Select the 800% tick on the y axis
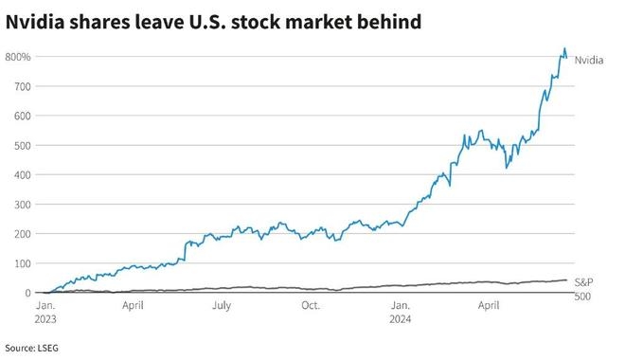pos(18,57)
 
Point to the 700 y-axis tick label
pos(22,86)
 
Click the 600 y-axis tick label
pos(22,116)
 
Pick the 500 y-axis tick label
pos(22,145)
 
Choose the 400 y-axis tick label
pos(22,174)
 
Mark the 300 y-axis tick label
pos(22,204)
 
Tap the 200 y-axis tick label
pos(22,233)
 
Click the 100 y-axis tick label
pos(22,262)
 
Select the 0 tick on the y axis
pos(27,292)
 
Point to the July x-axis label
pos(221,306)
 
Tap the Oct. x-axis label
pos(311,306)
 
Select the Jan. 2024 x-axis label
pos(402,313)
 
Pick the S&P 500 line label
pos(586,289)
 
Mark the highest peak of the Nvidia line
pos(564,49)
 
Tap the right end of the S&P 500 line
pos(567,279)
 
